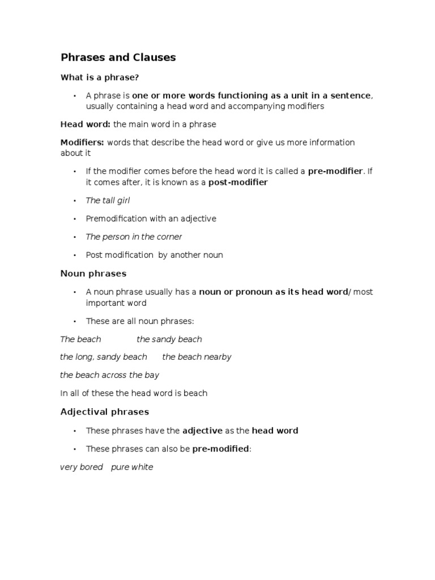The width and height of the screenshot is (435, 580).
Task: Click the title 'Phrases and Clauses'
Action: coord(118,57)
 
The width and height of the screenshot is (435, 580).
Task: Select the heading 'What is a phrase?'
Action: coord(100,77)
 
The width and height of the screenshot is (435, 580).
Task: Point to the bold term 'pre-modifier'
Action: coord(335,171)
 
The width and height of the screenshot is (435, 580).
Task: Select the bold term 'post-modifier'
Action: coord(238,182)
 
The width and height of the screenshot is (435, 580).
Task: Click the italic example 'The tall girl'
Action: coord(108,201)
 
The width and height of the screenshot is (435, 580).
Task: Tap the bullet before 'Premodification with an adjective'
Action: coord(74,219)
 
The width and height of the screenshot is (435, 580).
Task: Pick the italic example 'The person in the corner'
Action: coord(134,237)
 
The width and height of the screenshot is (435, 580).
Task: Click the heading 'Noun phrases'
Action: coord(93,274)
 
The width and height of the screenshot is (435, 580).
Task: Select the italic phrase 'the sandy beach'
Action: coord(169,339)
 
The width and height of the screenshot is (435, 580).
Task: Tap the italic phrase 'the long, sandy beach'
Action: coord(104,357)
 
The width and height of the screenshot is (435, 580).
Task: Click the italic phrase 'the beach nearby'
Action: coord(197,357)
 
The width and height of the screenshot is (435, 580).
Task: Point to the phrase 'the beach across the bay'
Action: coord(110,375)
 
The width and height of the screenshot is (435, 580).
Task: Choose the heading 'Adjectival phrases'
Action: coord(105,412)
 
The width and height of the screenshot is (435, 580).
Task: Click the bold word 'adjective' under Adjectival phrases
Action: coord(202,430)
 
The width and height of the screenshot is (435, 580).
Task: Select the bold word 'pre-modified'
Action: coord(220,449)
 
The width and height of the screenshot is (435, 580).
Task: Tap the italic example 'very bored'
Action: coord(82,467)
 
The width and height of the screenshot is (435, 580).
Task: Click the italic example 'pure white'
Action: coord(132,467)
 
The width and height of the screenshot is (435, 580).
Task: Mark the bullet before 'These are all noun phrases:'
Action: coord(74,321)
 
